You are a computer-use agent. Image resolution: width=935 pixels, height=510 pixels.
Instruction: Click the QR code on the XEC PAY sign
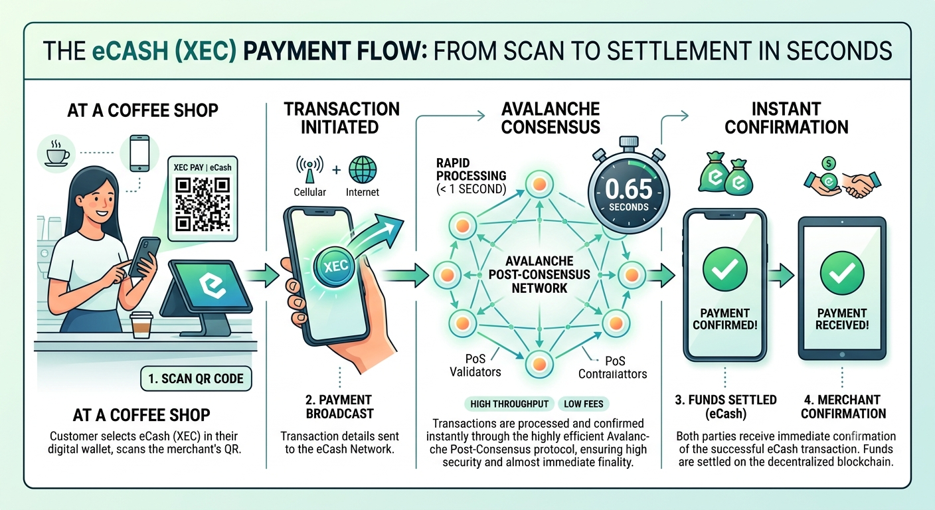[203, 204]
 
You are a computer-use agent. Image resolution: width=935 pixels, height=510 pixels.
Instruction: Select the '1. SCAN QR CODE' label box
[196, 379]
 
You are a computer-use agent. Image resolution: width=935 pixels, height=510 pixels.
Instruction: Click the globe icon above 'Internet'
[363, 170]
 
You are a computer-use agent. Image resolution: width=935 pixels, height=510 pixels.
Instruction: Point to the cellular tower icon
[309, 170]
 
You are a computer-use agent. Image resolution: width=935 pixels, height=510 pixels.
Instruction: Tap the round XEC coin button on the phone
[334, 266]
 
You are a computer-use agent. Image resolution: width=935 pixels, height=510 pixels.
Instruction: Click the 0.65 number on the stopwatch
[629, 189]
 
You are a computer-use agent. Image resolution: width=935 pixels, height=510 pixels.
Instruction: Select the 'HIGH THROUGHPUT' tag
[509, 404]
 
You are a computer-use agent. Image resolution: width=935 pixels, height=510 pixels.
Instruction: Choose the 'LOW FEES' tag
[584, 404]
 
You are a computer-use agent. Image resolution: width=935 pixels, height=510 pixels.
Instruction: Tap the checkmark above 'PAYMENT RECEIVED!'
[842, 273]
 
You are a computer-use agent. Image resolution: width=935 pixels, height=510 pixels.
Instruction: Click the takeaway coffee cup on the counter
[141, 325]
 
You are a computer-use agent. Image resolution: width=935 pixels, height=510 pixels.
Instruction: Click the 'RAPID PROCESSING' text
[471, 169]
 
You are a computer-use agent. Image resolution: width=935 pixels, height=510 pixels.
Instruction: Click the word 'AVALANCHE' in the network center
[539, 261]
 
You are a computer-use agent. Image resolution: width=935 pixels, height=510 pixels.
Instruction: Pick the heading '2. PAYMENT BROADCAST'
[339, 406]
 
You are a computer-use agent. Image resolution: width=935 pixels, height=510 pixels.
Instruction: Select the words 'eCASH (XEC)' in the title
[165, 51]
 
